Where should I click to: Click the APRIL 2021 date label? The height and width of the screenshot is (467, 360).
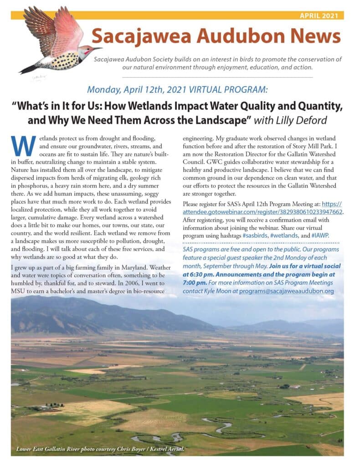(319, 15)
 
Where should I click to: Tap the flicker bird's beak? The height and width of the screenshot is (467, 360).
(98, 48)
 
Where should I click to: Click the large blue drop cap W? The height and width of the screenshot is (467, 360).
(22, 145)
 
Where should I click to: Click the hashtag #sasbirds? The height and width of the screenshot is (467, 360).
(245, 235)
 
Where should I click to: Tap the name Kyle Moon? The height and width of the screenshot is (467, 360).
(221, 291)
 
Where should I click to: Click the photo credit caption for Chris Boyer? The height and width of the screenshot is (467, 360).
(93, 449)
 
